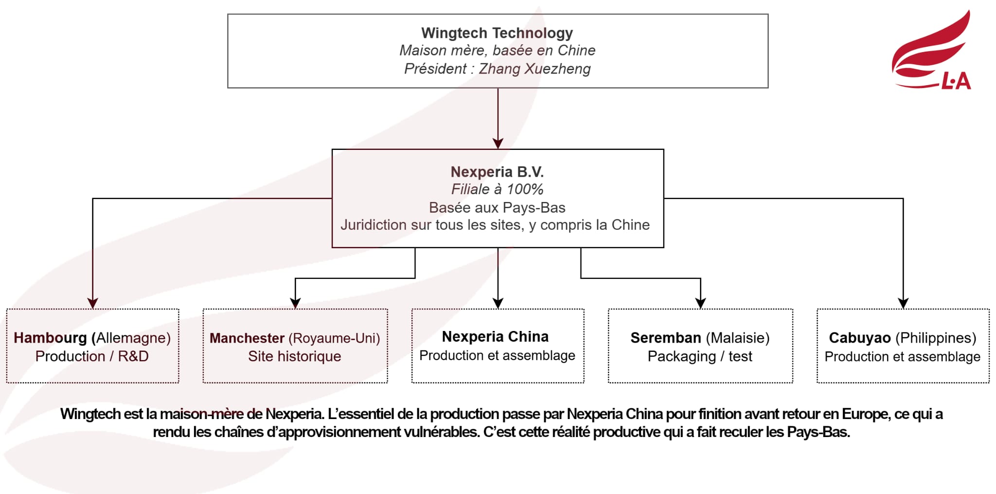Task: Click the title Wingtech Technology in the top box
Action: pyautogui.click(x=497, y=33)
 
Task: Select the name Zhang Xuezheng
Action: pyautogui.click(x=534, y=69)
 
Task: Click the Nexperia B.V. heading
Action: pyautogui.click(x=497, y=172)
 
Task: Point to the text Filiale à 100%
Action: pyautogui.click(x=497, y=189)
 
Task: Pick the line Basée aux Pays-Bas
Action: pyautogui.click(x=497, y=208)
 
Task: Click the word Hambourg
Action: pyautogui.click(x=50, y=338)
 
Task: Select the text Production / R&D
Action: pyautogui.click(x=92, y=356)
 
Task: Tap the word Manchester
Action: pyautogui.click(x=247, y=338)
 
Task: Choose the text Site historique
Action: pyautogui.click(x=295, y=356)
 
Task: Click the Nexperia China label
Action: pyautogui.click(x=495, y=337)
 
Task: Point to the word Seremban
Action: pyautogui.click(x=665, y=338)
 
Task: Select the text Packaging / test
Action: pyautogui.click(x=700, y=356)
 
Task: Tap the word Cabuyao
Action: pyautogui.click(x=859, y=338)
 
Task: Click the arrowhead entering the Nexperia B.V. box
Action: pyautogui.click(x=498, y=144)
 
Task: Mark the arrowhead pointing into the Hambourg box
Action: pyautogui.click(x=93, y=303)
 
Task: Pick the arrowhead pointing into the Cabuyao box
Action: pyautogui.click(x=903, y=303)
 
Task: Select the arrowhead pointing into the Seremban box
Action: pyautogui.click(x=700, y=303)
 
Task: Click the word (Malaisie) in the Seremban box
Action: pyautogui.click(x=737, y=338)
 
